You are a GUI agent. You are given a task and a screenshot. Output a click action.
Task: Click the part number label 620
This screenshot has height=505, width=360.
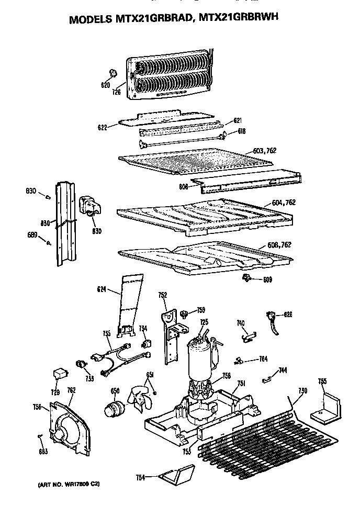(x=105, y=85)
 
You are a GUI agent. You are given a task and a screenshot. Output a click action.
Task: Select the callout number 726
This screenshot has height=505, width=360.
(x=116, y=92)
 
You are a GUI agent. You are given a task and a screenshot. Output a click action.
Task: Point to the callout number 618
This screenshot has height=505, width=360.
(x=242, y=131)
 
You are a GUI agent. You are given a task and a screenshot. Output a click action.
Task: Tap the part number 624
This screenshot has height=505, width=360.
(x=102, y=288)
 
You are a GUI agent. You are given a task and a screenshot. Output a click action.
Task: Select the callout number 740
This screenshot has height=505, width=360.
(x=241, y=323)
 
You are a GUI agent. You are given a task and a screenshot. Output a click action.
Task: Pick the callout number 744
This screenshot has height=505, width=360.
(x=283, y=371)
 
